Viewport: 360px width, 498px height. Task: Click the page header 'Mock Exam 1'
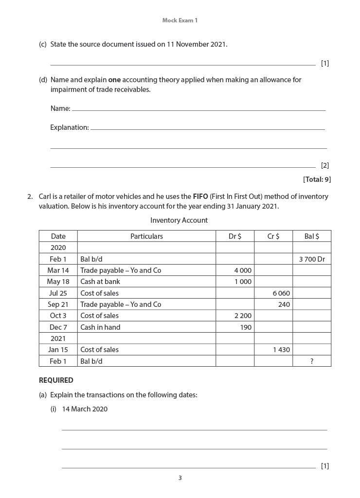click(x=180, y=20)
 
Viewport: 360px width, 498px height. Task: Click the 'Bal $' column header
click(x=311, y=236)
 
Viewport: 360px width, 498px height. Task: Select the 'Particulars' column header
click(x=146, y=236)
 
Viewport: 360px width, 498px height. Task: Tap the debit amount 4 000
click(x=243, y=270)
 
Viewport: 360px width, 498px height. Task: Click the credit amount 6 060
click(x=281, y=293)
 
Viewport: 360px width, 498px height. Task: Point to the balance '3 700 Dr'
click(x=312, y=259)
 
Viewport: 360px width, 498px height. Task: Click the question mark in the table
click(x=311, y=361)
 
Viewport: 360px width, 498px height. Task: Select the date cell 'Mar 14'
click(x=58, y=270)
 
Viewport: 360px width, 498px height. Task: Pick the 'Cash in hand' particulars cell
click(x=100, y=327)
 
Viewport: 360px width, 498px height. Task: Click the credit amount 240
click(x=284, y=304)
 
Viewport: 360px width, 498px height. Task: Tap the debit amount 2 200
click(x=243, y=316)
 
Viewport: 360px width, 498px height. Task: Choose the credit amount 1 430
click(x=281, y=350)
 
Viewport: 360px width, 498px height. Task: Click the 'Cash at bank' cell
click(x=100, y=282)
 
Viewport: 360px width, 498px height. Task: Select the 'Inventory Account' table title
click(x=179, y=220)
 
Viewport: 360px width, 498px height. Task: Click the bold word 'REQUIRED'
click(x=56, y=380)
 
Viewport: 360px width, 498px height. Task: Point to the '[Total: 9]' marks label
click(x=317, y=179)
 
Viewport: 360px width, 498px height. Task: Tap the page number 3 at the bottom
click(x=180, y=478)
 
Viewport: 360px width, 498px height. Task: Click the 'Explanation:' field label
click(x=70, y=127)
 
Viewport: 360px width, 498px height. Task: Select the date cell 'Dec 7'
click(x=58, y=327)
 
